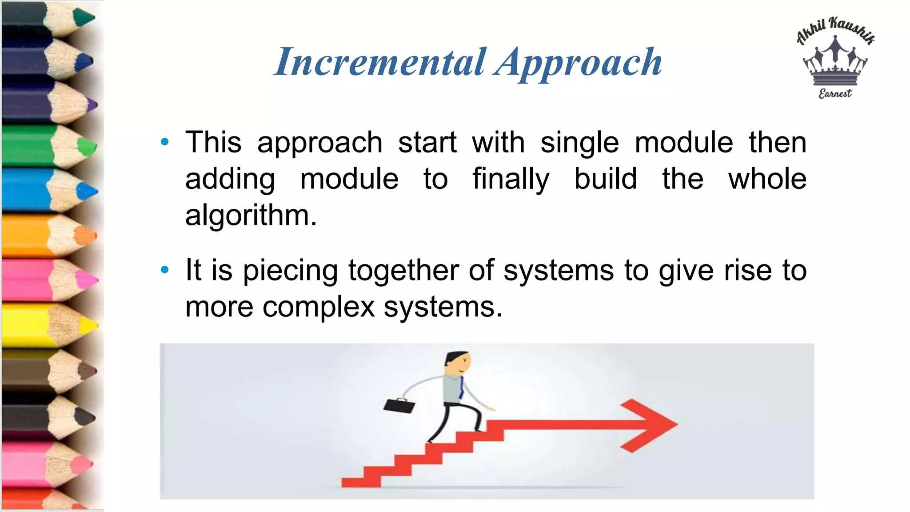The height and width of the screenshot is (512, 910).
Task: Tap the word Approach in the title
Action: pos(579,64)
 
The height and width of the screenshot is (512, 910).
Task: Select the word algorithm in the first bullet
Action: pos(251,216)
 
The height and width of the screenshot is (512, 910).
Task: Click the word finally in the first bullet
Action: pos(511,179)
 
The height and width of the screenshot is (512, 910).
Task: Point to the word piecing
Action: pos(290,271)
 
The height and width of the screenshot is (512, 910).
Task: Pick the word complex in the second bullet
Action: pos(319,307)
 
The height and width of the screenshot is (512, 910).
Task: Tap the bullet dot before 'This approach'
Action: pos(165,142)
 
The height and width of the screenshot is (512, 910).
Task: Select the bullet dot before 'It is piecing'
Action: pos(165,270)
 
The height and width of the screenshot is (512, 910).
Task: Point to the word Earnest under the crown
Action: pos(835,93)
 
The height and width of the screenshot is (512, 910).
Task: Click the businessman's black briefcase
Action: pos(399,405)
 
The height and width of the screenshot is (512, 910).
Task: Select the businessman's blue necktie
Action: pos(461,387)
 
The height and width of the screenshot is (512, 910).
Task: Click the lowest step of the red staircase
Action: pos(361,482)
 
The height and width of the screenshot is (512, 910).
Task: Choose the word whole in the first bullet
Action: pos(767,179)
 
